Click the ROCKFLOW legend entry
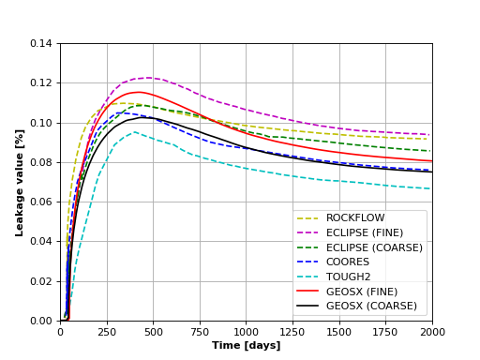click(352, 218)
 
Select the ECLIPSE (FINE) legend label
click(365, 232)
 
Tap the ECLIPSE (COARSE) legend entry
click(374, 247)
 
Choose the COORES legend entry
click(348, 262)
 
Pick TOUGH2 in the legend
click(349, 277)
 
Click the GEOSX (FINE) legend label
click(362, 292)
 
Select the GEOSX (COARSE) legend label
click(371, 306)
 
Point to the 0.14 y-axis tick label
click(43, 43)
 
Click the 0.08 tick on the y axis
click(43, 162)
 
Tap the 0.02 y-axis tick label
click(43, 281)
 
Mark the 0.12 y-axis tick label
click(43, 83)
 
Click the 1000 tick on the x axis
click(247, 332)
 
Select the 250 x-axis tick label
click(107, 332)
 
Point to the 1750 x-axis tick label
click(386, 332)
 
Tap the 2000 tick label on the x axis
click(432, 332)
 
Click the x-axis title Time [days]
click(247, 346)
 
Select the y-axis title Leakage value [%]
click(20, 182)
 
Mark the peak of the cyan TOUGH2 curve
click(134, 131)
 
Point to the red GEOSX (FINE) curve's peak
click(138, 92)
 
